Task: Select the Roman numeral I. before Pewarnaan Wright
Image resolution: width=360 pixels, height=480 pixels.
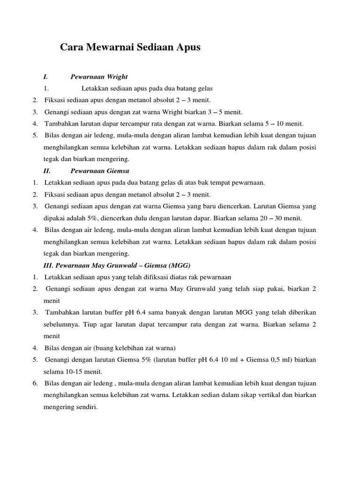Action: coord(45,76)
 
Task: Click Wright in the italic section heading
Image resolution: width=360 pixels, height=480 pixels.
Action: coord(117,76)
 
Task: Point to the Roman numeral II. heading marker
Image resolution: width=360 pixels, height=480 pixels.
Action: coord(46,171)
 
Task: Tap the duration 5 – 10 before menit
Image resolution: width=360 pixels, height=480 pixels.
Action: coord(274,124)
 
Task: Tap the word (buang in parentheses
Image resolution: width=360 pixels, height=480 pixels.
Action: coord(105,348)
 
